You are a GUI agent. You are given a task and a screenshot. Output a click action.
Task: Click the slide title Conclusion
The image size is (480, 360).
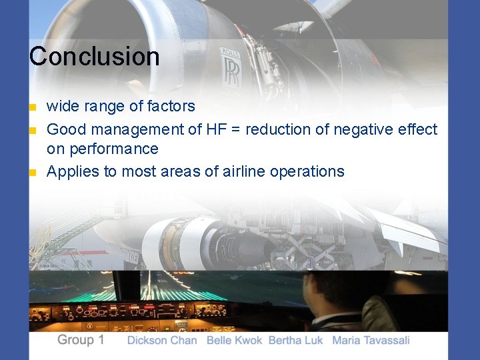point(94,56)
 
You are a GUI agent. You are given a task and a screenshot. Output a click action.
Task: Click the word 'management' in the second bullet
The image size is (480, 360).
point(139,129)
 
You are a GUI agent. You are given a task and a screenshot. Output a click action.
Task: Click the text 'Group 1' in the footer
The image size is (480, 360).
point(81,340)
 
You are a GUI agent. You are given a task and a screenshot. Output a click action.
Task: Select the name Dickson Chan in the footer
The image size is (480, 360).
point(162,341)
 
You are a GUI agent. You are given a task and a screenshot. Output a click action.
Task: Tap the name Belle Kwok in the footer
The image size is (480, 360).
point(235,341)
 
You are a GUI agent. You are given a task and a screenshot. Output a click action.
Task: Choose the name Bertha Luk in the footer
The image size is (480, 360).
point(295,341)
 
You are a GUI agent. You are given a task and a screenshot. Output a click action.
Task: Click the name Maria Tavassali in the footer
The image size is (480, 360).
point(371,341)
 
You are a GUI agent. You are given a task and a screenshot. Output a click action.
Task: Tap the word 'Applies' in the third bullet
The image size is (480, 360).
point(71,172)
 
